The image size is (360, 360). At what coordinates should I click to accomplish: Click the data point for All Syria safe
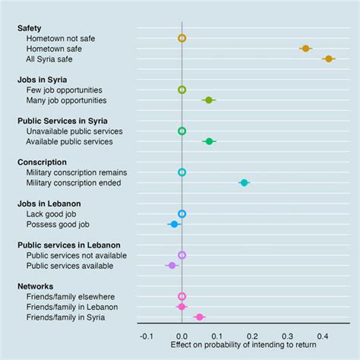(328, 58)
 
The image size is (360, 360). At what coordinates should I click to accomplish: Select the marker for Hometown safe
(305, 48)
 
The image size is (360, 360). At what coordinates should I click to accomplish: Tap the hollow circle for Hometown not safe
(182, 38)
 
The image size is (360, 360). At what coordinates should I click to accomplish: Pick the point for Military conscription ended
(244, 182)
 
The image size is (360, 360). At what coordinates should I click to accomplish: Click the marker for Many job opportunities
(209, 99)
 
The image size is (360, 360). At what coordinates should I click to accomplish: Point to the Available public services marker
(210, 141)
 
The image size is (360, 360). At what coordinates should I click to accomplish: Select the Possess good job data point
(174, 224)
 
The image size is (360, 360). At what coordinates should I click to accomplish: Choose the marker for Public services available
(172, 265)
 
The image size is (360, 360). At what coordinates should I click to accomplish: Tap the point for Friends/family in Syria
(199, 317)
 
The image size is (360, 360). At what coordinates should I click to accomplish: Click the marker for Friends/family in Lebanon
(181, 306)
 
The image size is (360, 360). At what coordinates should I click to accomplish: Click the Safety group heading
(31, 27)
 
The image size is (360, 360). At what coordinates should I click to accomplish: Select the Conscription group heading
(43, 162)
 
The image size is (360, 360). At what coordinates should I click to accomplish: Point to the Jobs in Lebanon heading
(49, 204)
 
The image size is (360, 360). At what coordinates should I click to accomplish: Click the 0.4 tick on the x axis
(323, 335)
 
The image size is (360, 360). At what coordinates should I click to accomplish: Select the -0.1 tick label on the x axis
(147, 335)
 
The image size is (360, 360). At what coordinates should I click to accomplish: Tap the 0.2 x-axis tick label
(252, 335)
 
